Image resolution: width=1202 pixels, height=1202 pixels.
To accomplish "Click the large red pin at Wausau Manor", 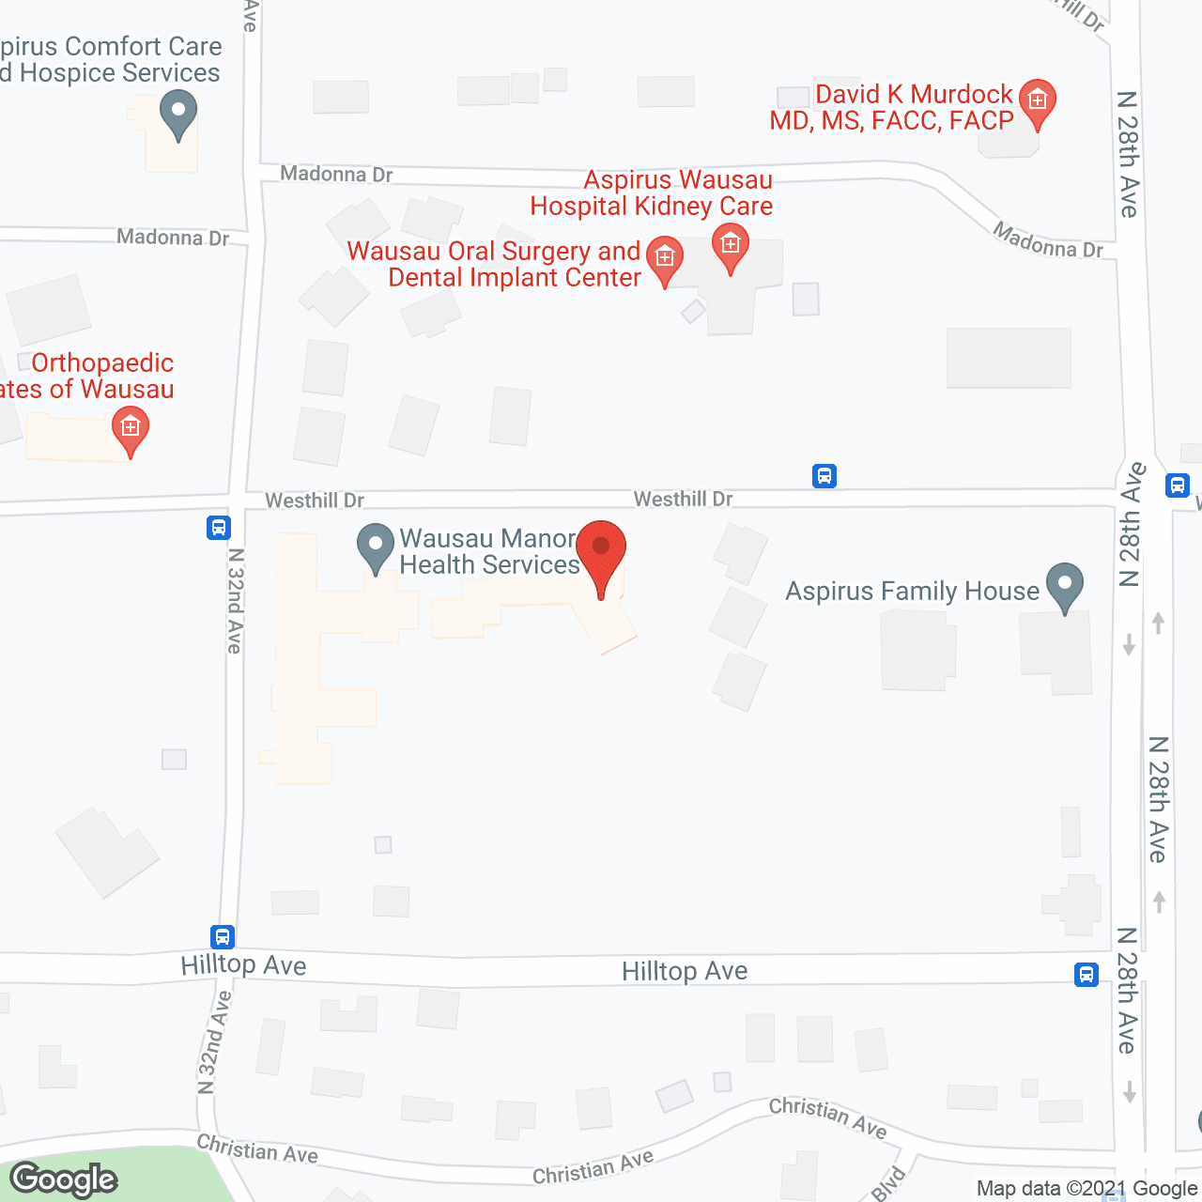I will pyautogui.click(x=600, y=550).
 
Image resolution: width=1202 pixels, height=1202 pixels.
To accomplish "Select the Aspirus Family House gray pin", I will pyautogui.click(x=1064, y=586).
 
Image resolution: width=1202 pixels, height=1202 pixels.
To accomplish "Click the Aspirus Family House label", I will pyautogui.click(x=912, y=591).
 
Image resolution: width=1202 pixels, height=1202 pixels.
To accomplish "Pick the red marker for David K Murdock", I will pyautogui.click(x=1037, y=101).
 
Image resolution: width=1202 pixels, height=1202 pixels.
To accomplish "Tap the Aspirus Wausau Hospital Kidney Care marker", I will pyautogui.click(x=730, y=246).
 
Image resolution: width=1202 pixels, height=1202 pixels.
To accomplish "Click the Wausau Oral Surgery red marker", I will pyautogui.click(x=665, y=258).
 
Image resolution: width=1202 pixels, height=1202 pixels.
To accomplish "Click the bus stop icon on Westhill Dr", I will pyautogui.click(x=824, y=476).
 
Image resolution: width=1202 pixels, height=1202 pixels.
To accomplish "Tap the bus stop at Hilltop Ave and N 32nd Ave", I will pyautogui.click(x=222, y=936).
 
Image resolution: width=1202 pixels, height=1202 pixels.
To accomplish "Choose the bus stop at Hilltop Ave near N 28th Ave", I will pyautogui.click(x=1086, y=975).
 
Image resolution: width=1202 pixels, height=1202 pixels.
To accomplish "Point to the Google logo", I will pyautogui.click(x=64, y=1179).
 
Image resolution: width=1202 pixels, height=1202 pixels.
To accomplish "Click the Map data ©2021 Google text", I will pyautogui.click(x=1086, y=1188).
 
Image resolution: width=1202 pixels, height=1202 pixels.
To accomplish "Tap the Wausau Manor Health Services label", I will pyautogui.click(x=488, y=551).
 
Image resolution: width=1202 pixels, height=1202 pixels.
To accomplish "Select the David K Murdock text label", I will pyautogui.click(x=892, y=107).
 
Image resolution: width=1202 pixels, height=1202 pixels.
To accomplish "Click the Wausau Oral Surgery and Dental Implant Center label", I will pyautogui.click(x=494, y=264).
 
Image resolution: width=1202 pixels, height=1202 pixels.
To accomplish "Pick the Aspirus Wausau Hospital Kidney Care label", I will pyautogui.click(x=652, y=193).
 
